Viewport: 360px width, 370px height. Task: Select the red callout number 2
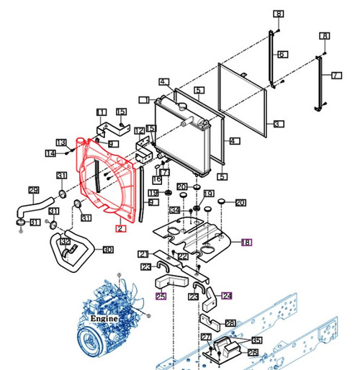point(121,228)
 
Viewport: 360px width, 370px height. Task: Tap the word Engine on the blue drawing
point(104,317)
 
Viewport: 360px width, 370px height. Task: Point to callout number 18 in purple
point(246,243)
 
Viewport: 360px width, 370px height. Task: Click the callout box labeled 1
point(146,99)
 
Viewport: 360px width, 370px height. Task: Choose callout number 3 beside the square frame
point(277,124)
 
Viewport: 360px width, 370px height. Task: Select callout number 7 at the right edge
point(336,76)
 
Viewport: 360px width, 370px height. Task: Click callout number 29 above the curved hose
point(33,190)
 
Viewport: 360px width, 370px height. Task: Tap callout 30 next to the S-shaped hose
point(108,250)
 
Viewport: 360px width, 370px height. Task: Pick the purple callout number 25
point(161,296)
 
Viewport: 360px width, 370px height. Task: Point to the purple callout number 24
point(228,294)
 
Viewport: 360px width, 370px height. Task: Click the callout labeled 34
point(174,210)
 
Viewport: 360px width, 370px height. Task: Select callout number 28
point(230,323)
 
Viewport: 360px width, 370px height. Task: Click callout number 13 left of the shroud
point(61,142)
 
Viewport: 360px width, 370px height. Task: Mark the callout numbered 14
point(50,153)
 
